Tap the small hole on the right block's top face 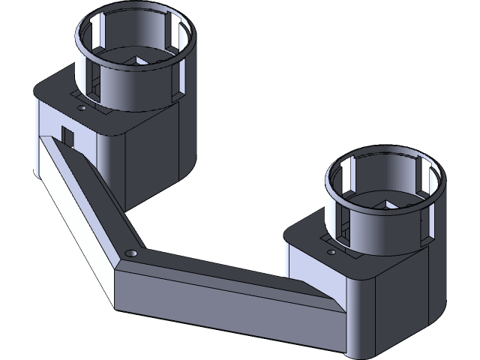pos(330,254)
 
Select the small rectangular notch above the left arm pos(67,136)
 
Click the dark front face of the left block pos(154,161)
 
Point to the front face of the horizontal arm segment pos(225,307)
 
